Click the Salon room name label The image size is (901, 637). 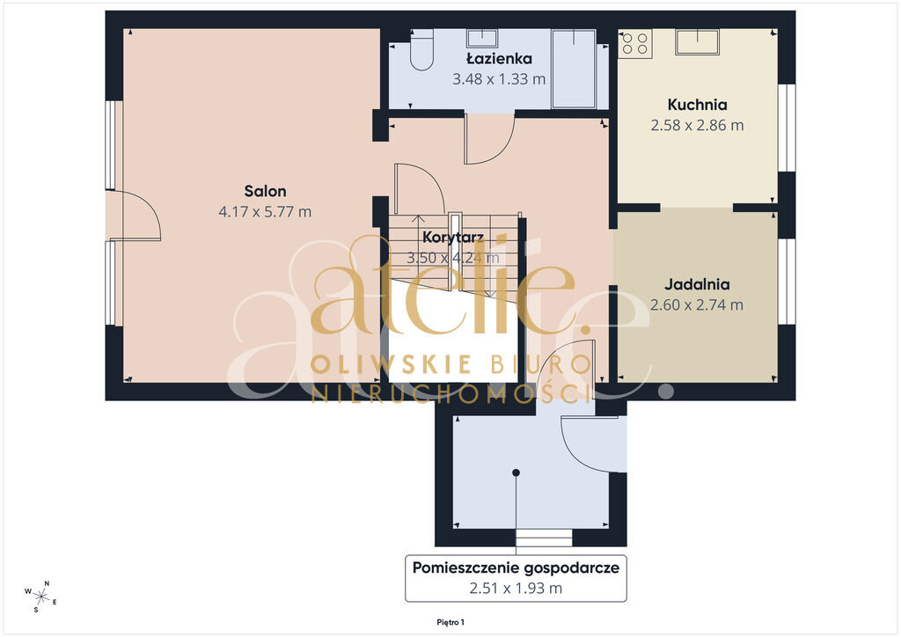click(265, 191)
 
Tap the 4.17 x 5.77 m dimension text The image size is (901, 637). click(265, 211)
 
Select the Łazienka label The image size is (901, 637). click(499, 59)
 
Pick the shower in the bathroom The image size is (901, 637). click(574, 69)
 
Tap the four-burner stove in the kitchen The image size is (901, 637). click(635, 43)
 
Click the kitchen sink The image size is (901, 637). click(697, 42)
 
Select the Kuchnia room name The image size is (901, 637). click(697, 105)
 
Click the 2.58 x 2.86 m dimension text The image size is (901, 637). click(697, 125)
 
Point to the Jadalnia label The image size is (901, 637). click(697, 284)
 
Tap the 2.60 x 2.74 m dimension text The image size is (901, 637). click(697, 304)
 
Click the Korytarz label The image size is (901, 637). click(453, 238)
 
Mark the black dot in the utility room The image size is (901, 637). click(516, 472)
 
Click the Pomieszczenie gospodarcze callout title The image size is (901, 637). click(516, 568)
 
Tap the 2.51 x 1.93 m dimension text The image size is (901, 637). click(516, 589)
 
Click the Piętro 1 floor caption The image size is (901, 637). click(450, 622)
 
